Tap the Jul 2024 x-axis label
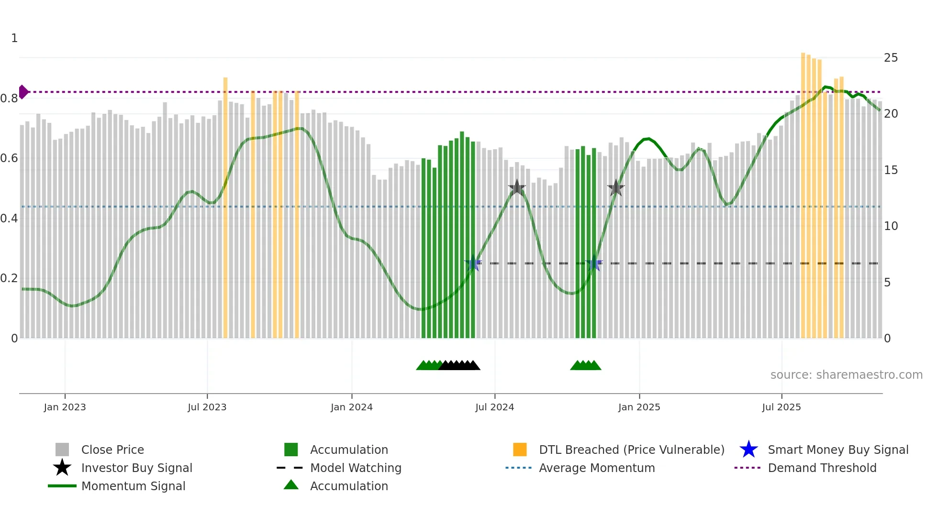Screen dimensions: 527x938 point(494,407)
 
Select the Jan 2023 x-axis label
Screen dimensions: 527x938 point(65,407)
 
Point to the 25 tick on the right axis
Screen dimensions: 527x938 point(891,58)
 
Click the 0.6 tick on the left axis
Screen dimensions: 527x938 point(9,158)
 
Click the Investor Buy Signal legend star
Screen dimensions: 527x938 point(62,468)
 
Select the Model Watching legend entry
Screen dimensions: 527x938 point(355,468)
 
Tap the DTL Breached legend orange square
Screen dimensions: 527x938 point(520,450)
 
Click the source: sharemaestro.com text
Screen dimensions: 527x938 point(846,375)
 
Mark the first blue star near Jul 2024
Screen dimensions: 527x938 point(473,263)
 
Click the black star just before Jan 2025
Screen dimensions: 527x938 point(616,188)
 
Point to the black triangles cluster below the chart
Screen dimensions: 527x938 point(459,365)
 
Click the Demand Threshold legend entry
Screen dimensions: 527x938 point(822,468)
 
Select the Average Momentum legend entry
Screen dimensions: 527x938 point(596,468)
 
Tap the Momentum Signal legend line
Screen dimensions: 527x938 point(62,486)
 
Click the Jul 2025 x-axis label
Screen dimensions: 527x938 point(781,407)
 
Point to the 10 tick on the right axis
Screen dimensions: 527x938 point(891,226)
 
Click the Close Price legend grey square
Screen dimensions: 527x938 point(62,450)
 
